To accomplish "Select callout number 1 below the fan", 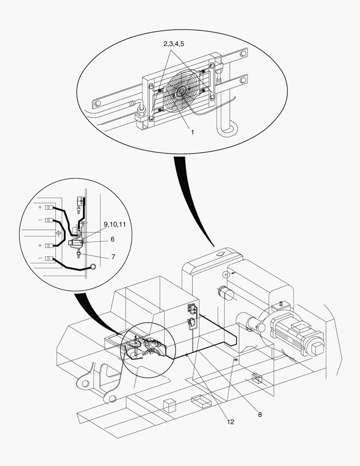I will click(x=192, y=132).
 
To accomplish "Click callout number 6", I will click(x=113, y=239).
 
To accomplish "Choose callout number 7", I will click(x=113, y=256).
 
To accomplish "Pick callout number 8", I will click(x=260, y=414).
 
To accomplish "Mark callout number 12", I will click(x=230, y=422).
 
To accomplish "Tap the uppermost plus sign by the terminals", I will click(x=40, y=208).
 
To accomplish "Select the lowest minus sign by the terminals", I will click(x=40, y=258).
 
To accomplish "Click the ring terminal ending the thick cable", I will click(x=92, y=268).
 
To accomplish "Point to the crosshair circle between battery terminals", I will click(x=59, y=233).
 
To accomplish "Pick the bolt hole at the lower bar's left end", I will click(x=97, y=104).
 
